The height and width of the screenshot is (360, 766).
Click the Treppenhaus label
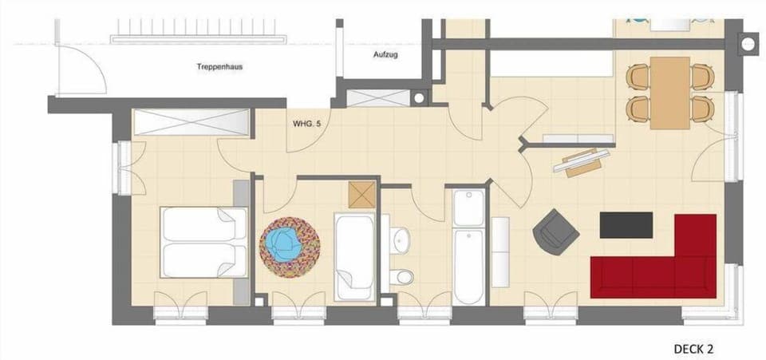pyautogui.click(x=219, y=67)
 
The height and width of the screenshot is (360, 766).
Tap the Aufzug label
pyautogui.click(x=385, y=55)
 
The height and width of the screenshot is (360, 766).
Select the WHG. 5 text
pyautogui.click(x=306, y=124)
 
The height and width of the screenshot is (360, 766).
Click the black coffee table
pyautogui.click(x=626, y=224)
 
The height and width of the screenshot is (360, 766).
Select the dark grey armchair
pyautogui.click(x=555, y=229)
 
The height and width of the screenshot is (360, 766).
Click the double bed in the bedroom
pyautogui.click(x=204, y=242)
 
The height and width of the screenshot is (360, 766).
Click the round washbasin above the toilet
pyautogui.click(x=401, y=237)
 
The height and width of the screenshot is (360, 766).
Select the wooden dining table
pyautogui.click(x=669, y=93)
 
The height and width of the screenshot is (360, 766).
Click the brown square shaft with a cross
pyautogui.click(x=361, y=194)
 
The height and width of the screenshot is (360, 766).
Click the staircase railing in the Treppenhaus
pyautogui.click(x=196, y=37)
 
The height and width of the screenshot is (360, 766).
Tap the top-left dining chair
pyautogui.click(x=638, y=77)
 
